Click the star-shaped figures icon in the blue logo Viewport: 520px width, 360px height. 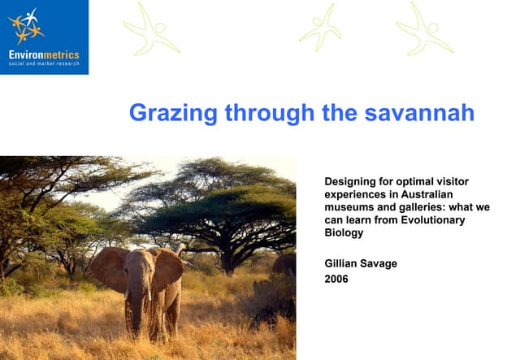click(25, 26)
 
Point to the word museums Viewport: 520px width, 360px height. click(350, 207)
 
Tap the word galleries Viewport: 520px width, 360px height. click(426, 207)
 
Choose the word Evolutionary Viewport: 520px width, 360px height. click(435, 220)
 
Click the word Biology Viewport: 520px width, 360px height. click(344, 233)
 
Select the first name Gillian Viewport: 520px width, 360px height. click(344, 262)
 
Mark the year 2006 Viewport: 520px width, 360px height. click(337, 280)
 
